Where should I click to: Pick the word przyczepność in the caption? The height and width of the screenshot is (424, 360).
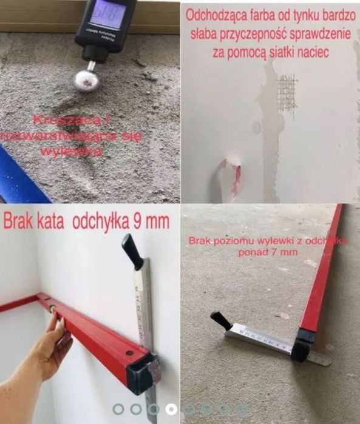262,33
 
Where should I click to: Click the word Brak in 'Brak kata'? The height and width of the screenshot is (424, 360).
18,221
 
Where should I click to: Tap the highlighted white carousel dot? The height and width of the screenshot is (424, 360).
172,409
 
